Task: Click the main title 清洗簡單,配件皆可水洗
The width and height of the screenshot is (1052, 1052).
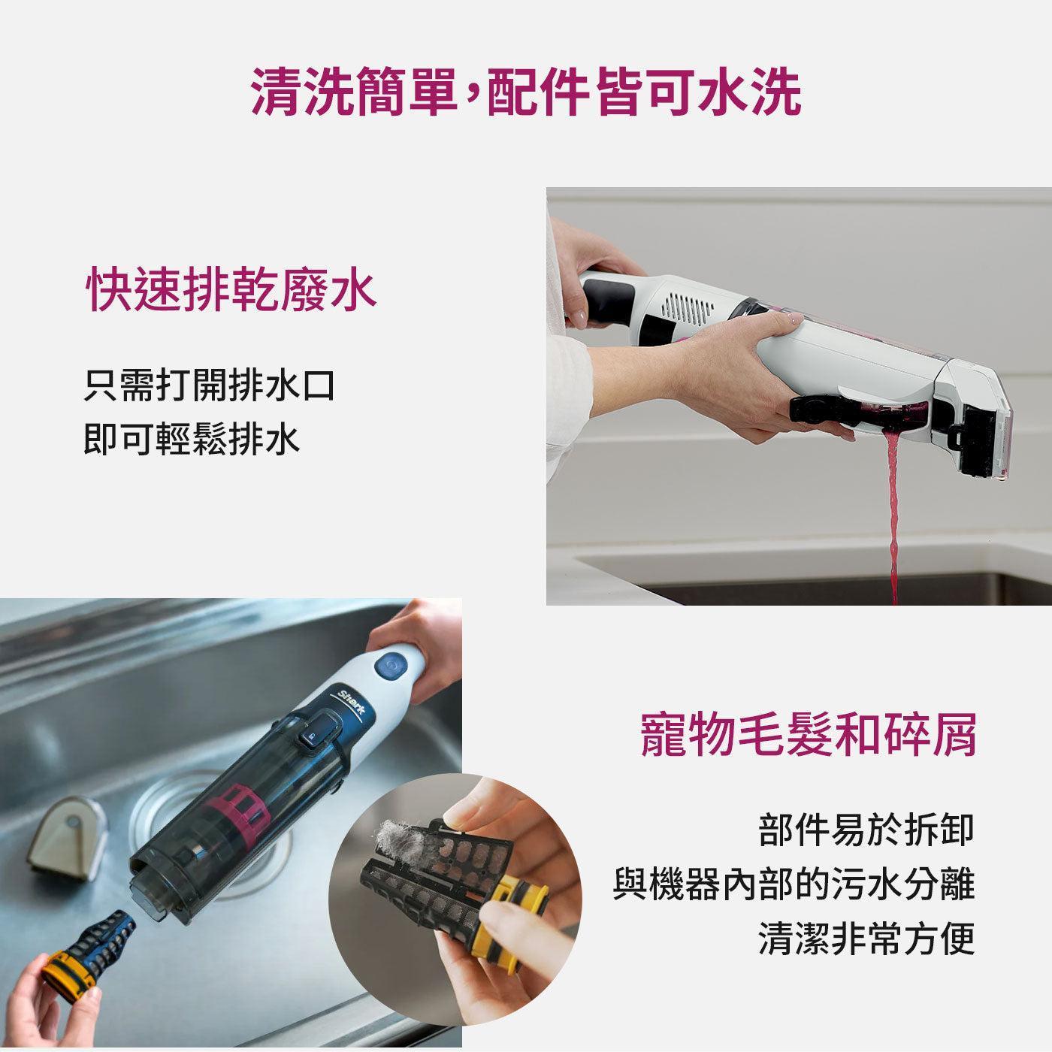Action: click(x=526, y=91)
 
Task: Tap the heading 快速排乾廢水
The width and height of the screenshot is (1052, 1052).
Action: click(x=231, y=288)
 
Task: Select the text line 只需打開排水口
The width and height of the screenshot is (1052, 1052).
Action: click(x=209, y=386)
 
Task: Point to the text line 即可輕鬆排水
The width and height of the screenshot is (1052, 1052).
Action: click(x=192, y=440)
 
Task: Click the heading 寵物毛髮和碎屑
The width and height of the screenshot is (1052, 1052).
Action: click(x=808, y=735)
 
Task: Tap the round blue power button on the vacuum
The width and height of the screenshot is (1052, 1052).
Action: click(x=391, y=666)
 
